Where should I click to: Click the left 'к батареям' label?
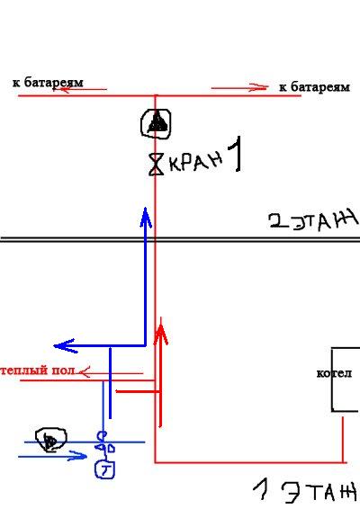48,83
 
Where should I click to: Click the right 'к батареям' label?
314,87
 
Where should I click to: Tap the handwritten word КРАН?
195,161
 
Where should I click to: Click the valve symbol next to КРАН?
157,165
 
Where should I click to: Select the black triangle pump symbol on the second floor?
156,124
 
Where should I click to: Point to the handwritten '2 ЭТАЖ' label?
313,220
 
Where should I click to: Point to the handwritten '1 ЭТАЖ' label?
305,491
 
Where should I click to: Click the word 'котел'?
334,373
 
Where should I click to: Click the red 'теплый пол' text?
38,371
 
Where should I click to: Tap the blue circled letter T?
104,469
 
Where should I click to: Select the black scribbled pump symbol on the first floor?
50,440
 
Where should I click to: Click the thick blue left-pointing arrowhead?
65,345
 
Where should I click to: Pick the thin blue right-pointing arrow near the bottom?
52,456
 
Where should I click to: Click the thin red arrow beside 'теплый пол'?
111,372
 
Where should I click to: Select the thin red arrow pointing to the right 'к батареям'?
239,87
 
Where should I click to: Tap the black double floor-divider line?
180,239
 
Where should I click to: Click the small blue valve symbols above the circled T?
104,443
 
